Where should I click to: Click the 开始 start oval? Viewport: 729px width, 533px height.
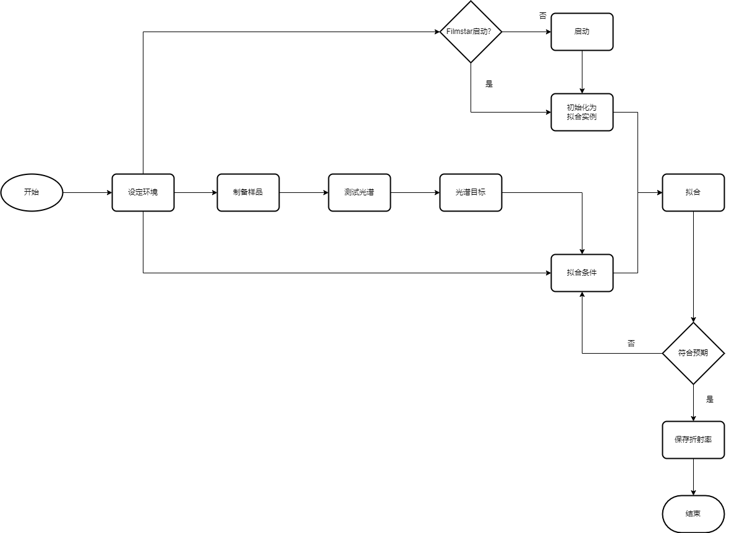coord(32,192)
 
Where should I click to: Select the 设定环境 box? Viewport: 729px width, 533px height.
coord(143,192)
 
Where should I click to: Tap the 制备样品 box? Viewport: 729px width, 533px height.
coord(248,192)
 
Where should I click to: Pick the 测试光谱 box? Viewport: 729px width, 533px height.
coord(359,192)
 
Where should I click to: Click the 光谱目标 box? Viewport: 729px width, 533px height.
coord(471,192)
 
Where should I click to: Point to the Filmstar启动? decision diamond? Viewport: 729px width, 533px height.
coord(471,32)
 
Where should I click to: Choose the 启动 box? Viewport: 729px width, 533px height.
coord(582,32)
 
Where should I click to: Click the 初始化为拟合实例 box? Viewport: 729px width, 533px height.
coord(582,112)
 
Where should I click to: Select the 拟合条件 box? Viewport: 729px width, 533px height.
coord(582,273)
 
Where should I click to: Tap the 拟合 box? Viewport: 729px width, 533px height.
coord(693,192)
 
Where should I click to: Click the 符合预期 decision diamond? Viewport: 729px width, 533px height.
coord(693,353)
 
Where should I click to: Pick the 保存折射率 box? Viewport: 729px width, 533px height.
coord(693,440)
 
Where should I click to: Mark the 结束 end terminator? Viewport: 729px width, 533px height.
coord(693,514)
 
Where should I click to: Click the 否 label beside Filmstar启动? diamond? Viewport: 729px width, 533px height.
coord(543,15)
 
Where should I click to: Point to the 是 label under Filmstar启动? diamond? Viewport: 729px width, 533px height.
coord(489,84)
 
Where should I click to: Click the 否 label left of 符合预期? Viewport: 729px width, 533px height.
coord(631,343)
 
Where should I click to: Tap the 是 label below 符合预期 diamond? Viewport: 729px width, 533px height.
coord(710,399)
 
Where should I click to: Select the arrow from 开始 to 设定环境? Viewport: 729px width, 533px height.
coord(87,192)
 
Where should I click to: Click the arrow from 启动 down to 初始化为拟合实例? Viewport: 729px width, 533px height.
coord(582,72)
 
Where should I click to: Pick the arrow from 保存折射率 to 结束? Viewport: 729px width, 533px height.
coord(693,477)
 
